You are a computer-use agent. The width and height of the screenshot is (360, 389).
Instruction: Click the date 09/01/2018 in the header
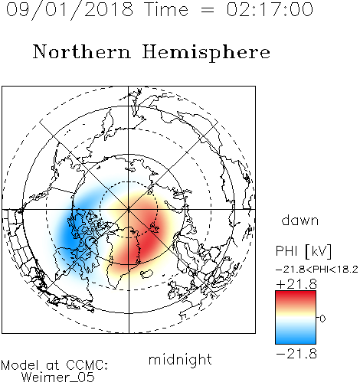click(x=70, y=10)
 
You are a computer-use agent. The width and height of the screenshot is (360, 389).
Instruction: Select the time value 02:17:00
click(x=270, y=9)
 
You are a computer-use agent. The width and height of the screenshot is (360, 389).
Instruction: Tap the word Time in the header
click(x=166, y=9)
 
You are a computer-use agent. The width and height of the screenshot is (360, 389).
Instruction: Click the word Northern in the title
click(x=82, y=52)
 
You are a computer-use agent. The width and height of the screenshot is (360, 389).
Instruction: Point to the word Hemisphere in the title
click(x=206, y=53)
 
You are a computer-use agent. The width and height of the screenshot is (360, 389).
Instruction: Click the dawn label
click(x=300, y=221)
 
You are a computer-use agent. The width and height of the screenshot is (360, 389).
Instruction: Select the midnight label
click(x=180, y=359)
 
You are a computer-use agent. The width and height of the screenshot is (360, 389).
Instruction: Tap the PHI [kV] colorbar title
click(x=303, y=251)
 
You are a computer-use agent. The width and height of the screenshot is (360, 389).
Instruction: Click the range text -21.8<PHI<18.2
click(x=317, y=270)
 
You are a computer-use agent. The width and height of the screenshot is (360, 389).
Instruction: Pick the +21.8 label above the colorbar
click(x=296, y=284)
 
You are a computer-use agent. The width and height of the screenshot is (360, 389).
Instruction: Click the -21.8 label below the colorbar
click(x=296, y=354)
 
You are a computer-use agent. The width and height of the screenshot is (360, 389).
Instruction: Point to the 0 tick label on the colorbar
click(x=322, y=319)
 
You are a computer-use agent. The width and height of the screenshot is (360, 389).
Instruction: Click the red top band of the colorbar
click(x=296, y=296)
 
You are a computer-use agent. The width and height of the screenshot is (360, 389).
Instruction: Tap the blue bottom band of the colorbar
click(x=296, y=338)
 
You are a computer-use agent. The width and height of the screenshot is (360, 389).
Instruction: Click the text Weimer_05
click(x=58, y=377)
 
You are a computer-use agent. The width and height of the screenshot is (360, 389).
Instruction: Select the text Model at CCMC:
click(x=54, y=365)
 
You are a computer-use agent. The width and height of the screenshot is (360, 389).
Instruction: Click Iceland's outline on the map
click(x=146, y=274)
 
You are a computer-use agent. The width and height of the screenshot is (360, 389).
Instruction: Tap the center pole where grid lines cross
click(x=129, y=209)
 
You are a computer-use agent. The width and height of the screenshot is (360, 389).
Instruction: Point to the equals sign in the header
click(x=208, y=10)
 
